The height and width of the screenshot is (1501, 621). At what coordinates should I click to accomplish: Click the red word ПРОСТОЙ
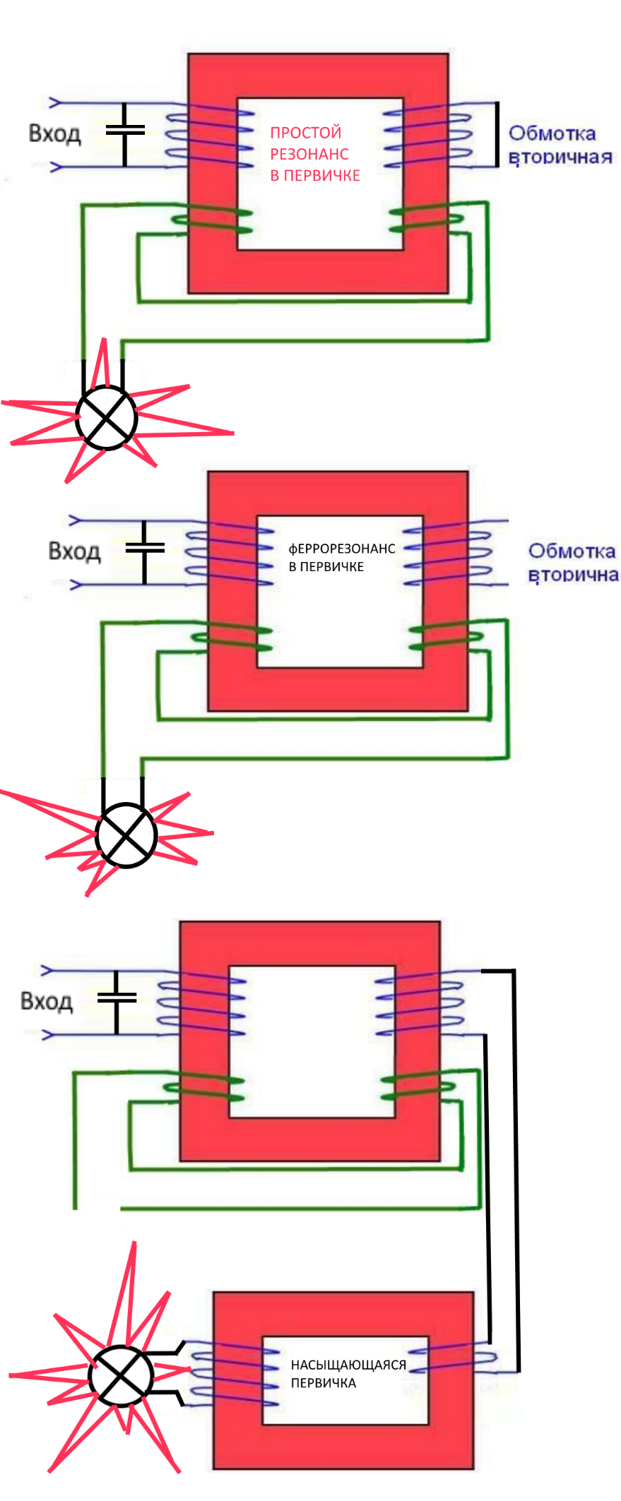pos(305,133)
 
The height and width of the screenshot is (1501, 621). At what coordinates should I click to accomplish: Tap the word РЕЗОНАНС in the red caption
pos(309,154)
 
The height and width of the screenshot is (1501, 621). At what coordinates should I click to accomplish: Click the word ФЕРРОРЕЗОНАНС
pos(342,549)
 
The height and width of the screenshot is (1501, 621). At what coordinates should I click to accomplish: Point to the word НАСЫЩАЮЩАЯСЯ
pos(348,1365)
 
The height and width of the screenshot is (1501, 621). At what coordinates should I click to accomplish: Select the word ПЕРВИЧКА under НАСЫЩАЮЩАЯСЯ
pos(324,1383)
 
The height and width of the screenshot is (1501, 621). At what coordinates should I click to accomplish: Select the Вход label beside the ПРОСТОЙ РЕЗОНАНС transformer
pos(54,133)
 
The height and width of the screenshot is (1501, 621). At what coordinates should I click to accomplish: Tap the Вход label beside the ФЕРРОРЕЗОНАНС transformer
pos(74,551)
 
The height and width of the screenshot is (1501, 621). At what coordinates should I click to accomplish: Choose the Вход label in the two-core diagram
pos(47,1001)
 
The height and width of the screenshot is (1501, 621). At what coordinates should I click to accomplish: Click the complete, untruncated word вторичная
pos(560,157)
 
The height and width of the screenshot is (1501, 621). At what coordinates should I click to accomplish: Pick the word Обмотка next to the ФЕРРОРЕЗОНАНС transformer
pos(572,551)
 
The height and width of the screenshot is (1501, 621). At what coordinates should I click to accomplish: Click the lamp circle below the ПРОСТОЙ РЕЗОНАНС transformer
pos(106,417)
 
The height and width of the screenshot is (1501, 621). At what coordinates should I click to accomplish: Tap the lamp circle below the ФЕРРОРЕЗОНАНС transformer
pos(126,835)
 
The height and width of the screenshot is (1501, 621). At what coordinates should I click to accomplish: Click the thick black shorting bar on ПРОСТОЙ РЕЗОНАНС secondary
pos(497,134)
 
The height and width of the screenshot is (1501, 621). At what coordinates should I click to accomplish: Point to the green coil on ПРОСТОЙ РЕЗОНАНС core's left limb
pos(212,220)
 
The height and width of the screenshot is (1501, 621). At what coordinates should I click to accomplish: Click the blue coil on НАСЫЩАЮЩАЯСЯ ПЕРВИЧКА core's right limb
pos(452,1357)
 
